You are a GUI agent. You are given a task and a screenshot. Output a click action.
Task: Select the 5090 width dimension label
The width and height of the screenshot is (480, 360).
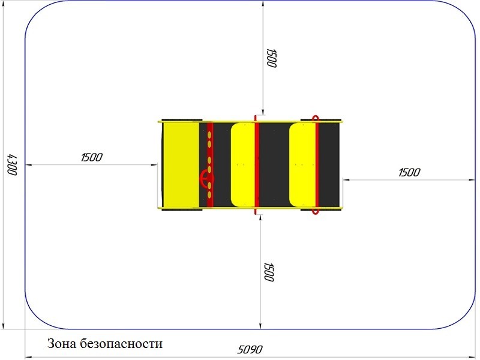click(x=250, y=349)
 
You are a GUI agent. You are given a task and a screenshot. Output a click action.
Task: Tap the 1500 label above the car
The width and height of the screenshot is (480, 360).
click(x=271, y=58)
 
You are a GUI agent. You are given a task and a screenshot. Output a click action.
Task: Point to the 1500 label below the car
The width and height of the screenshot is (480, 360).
click(x=269, y=272)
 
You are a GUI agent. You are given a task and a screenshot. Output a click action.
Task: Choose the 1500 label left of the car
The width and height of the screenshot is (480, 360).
click(x=92, y=157)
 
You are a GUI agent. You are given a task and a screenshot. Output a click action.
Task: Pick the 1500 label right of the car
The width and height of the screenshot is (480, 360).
click(x=409, y=172)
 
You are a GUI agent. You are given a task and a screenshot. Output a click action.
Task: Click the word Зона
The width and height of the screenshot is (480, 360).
click(x=62, y=343)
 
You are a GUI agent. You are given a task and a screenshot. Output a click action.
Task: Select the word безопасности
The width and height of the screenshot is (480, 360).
click(x=122, y=344)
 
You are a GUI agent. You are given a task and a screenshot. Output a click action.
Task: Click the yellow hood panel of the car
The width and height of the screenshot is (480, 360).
click(x=181, y=164)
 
